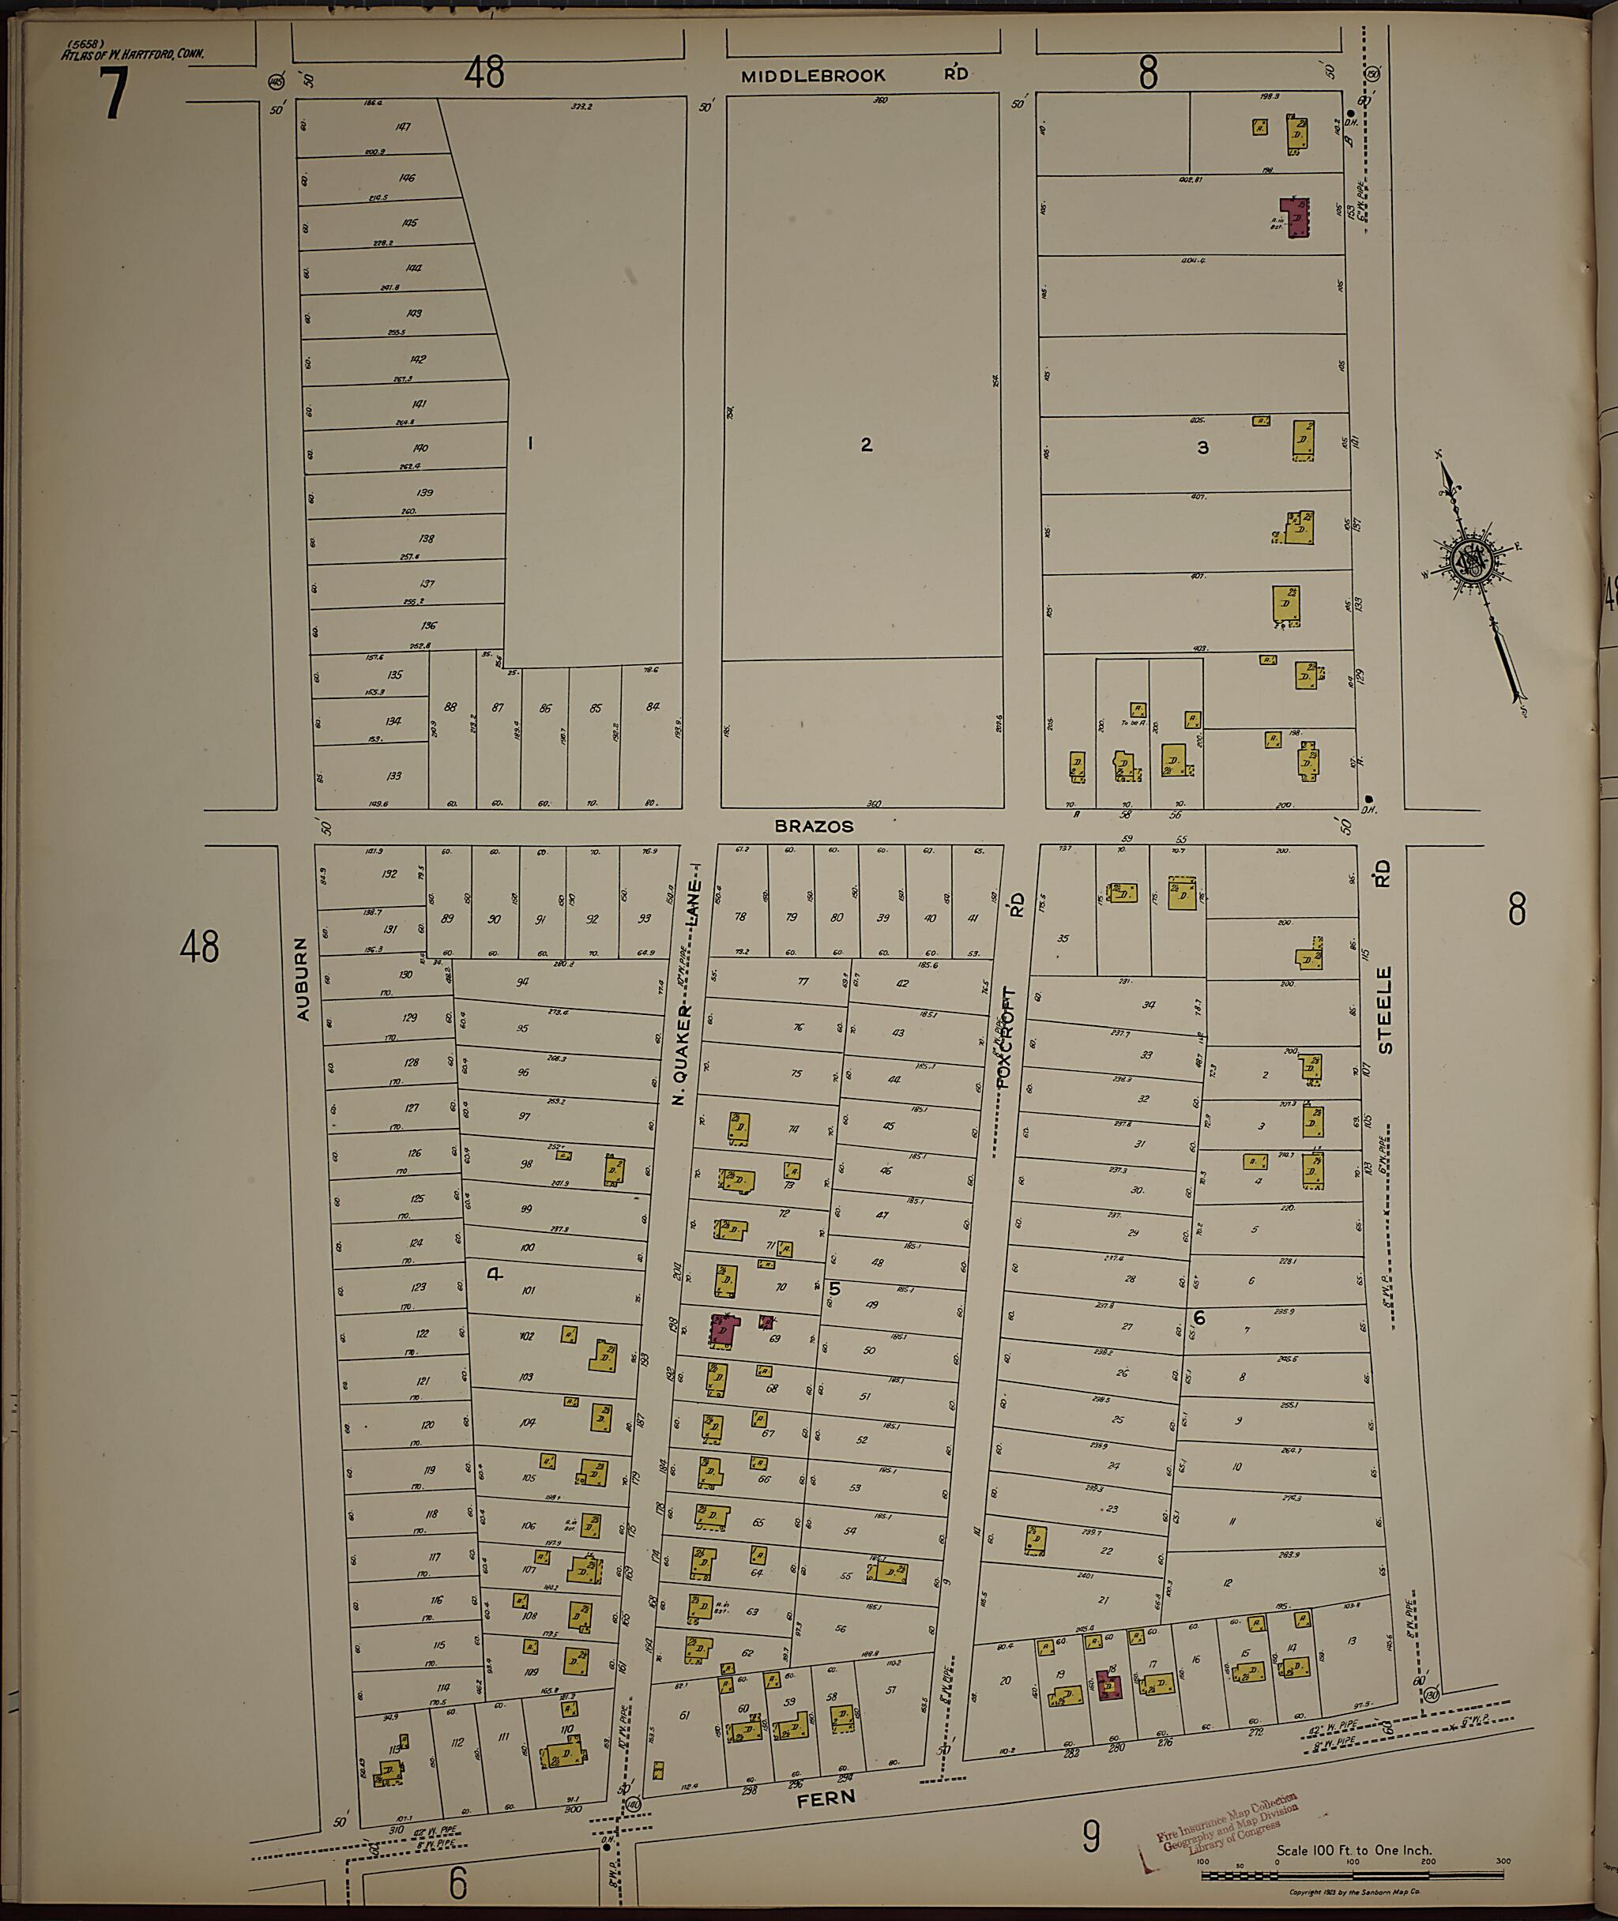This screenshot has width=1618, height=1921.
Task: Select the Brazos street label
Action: (814, 826)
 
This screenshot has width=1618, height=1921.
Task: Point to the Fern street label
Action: (825, 1799)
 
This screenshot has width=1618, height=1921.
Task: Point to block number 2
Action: (866, 445)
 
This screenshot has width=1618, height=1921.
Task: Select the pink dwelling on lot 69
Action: (722, 1329)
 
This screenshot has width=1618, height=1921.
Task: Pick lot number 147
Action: (403, 126)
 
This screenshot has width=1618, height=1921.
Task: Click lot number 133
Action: (393, 776)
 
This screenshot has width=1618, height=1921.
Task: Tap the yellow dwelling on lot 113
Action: (392, 1771)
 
